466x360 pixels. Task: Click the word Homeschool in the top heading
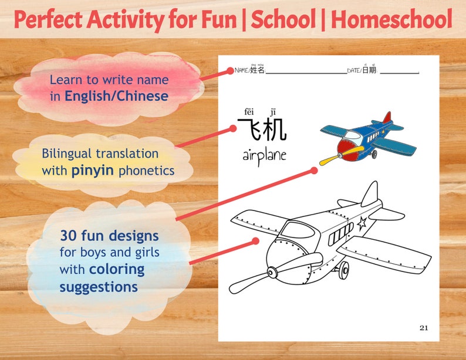391,19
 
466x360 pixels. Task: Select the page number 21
423,328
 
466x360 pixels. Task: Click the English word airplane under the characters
264,156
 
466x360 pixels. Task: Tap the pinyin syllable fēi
249,112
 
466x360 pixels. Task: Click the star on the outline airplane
363,223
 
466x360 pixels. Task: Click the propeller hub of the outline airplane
272,273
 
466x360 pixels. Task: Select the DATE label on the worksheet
354,70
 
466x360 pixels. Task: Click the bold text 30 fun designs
109,236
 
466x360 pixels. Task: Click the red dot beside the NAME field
231,70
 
